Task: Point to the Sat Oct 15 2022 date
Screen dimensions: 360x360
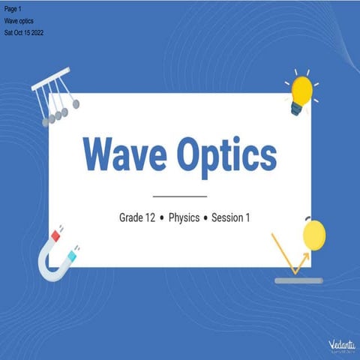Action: tap(25, 33)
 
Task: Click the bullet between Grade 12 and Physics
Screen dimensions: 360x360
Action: tap(162, 219)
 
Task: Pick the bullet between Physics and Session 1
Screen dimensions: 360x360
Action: tap(205, 219)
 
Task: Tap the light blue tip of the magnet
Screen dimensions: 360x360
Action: tap(71, 256)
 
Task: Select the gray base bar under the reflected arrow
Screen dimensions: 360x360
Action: tap(298, 280)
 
